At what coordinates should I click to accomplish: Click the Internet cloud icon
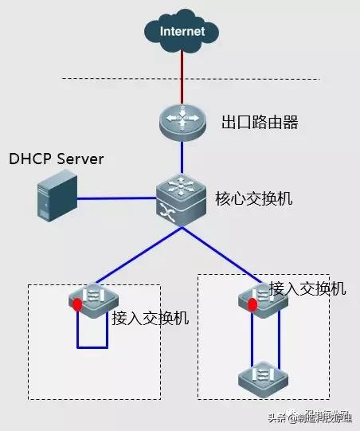(182, 32)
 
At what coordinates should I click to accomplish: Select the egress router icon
(182, 121)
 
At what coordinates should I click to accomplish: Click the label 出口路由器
(254, 123)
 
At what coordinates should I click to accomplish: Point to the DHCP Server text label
(57, 159)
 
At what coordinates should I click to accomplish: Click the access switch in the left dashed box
(92, 299)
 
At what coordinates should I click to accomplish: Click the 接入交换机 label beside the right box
(307, 288)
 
